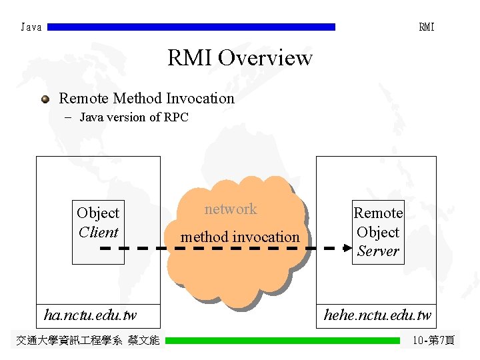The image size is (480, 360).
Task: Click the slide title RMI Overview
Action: point(239,58)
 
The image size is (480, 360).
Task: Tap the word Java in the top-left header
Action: point(31,27)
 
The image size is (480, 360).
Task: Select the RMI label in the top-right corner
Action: point(427,27)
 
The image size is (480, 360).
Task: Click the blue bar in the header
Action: point(191,27)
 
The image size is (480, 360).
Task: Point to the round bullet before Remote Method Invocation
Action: point(45,99)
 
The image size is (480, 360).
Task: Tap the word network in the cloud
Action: point(231,209)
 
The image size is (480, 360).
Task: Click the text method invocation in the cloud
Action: point(240,237)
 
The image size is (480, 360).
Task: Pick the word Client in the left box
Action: point(98,233)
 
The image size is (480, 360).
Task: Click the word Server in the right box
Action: point(377,251)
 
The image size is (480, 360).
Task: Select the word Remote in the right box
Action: point(378,213)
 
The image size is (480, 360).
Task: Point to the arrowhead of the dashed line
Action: point(347,248)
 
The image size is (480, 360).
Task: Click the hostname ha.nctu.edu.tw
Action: point(90,314)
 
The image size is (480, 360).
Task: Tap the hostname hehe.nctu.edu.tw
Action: point(377,315)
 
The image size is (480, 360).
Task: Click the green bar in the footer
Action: point(283,341)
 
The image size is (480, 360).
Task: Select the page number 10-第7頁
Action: point(433,341)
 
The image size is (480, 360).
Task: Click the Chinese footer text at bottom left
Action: point(87,341)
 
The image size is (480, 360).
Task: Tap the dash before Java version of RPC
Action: point(69,118)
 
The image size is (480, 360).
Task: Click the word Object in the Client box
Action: point(98,213)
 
